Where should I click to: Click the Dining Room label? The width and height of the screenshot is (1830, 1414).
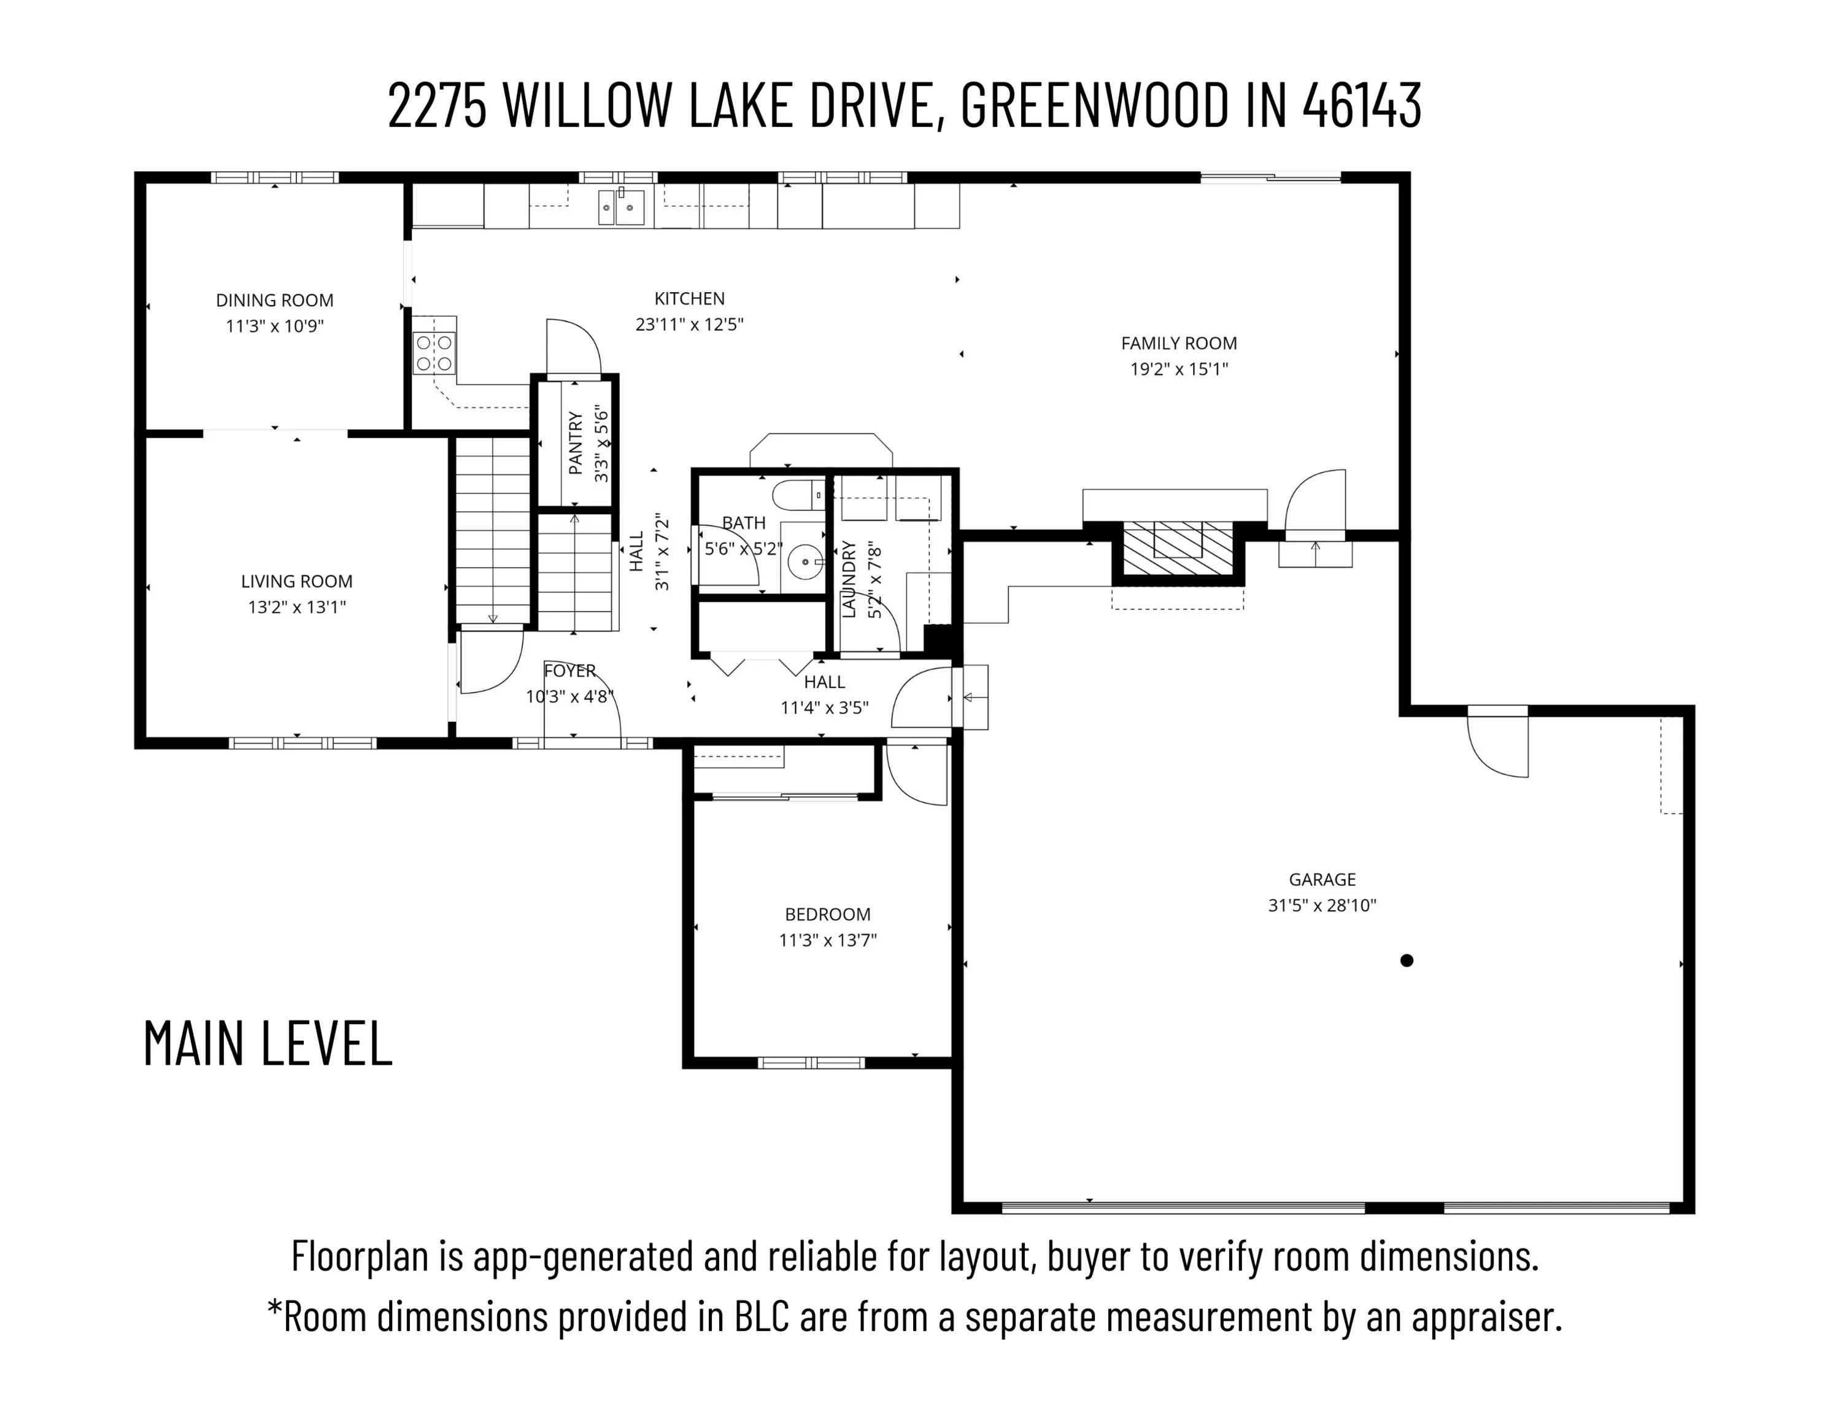click(275, 300)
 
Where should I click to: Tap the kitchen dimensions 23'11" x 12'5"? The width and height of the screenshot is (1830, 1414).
click(690, 325)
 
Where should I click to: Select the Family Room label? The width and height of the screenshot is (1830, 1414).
click(1179, 343)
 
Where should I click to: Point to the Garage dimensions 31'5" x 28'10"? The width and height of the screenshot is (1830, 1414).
click(1322, 905)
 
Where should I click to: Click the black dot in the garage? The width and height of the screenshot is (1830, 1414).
click(1407, 960)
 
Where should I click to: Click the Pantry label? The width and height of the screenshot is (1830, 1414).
click(576, 442)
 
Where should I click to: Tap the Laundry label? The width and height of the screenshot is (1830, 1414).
click(849, 579)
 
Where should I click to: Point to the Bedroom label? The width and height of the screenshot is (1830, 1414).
click(828, 914)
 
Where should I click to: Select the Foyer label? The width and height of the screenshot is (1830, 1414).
click(569, 671)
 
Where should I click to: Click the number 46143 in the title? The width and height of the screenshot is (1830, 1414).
click(1362, 106)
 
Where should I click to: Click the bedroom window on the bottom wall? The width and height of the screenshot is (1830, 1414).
click(811, 1063)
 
